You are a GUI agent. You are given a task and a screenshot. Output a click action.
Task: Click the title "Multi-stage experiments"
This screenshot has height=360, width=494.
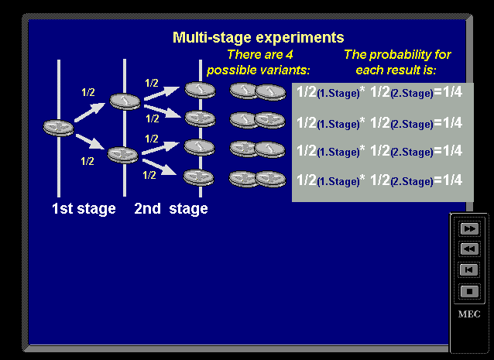[259, 37]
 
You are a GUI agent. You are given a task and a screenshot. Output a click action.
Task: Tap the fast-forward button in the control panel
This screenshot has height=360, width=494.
[469, 228]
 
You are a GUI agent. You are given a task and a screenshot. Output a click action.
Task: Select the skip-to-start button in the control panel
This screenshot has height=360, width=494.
[469, 270]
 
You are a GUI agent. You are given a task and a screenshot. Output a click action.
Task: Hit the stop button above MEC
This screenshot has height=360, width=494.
[469, 291]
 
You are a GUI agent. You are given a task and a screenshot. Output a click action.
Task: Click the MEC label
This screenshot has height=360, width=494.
[469, 314]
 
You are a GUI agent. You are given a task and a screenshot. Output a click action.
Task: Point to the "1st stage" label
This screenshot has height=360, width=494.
[84, 208]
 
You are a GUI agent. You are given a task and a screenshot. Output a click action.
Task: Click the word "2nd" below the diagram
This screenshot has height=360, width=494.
[147, 208]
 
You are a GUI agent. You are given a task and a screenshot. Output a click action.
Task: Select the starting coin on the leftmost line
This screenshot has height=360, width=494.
[59, 128]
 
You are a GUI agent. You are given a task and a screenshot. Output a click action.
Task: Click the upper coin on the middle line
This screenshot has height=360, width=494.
[125, 101]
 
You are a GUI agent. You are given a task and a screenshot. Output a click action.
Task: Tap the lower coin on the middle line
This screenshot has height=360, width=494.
[123, 155]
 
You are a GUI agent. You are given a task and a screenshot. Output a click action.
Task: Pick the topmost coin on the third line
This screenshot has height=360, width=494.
[200, 90]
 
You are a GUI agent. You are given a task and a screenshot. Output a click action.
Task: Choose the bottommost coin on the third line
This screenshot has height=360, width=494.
[199, 177]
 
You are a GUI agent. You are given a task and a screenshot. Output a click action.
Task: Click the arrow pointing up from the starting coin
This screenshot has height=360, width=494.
[90, 112]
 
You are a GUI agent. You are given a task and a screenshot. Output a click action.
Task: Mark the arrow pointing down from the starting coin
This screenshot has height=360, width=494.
[90, 141]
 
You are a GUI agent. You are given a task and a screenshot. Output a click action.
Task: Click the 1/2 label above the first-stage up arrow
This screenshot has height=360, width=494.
[88, 92]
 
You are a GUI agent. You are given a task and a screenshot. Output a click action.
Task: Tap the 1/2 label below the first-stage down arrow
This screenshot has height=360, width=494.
[87, 161]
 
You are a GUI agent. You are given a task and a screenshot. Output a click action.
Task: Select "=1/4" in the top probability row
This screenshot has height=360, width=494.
[448, 92]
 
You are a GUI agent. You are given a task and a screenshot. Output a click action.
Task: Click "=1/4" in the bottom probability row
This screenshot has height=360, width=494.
[448, 180]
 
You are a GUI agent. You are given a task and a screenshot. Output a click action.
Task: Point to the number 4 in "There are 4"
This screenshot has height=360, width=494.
[290, 55]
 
